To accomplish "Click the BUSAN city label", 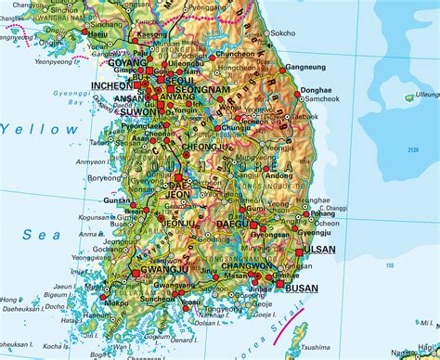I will pyautogui.click(x=301, y=289).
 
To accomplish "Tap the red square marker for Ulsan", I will pyautogui.click(x=299, y=251).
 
